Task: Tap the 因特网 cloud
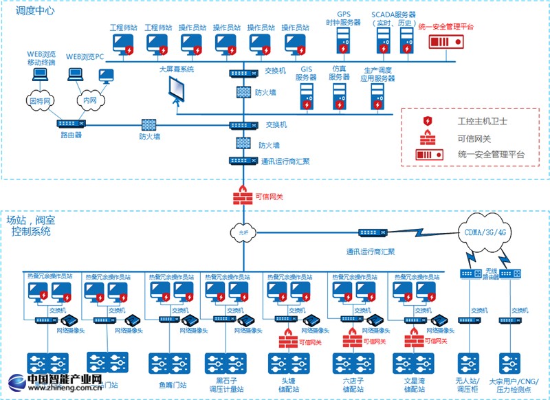point(40,100)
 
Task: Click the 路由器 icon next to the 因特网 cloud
point(71,124)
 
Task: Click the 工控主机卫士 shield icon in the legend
point(428,122)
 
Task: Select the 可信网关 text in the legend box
point(474,138)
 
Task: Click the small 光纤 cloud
point(243,232)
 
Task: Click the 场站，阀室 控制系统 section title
point(32,226)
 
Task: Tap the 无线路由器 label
point(491,273)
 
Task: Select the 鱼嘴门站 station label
point(171,385)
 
